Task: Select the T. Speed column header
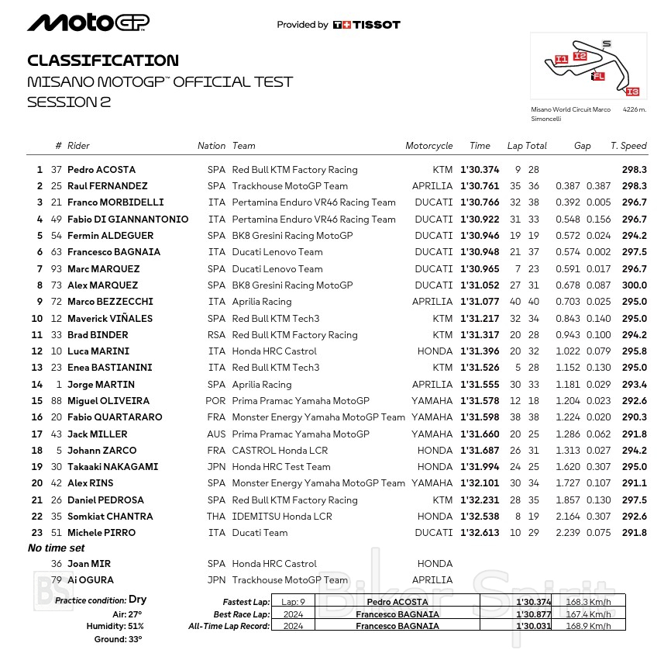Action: tap(628, 146)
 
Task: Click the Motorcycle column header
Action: tap(428, 146)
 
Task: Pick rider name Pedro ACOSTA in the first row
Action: tap(102, 170)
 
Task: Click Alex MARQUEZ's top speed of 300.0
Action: tap(634, 285)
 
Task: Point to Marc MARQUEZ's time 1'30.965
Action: tap(480, 269)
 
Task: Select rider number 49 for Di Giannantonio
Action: tap(56, 220)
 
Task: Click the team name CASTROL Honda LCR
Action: tap(280, 451)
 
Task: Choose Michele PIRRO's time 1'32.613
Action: tap(480, 533)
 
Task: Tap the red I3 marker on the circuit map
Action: tap(631, 92)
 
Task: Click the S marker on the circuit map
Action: tap(606, 43)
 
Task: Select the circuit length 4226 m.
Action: tap(635, 110)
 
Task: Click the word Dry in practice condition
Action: tap(138, 600)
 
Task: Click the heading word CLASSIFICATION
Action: tap(102, 61)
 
